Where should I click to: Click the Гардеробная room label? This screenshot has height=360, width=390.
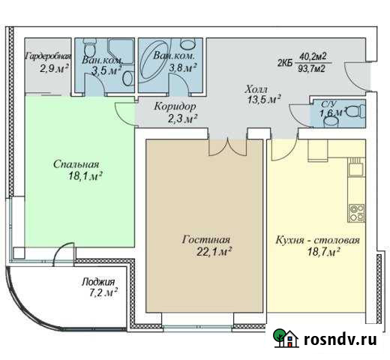click(48, 56)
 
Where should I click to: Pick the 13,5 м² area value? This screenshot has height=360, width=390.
click(263, 99)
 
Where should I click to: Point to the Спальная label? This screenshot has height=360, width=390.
click(76, 164)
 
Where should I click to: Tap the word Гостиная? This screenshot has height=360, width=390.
click(204, 240)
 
